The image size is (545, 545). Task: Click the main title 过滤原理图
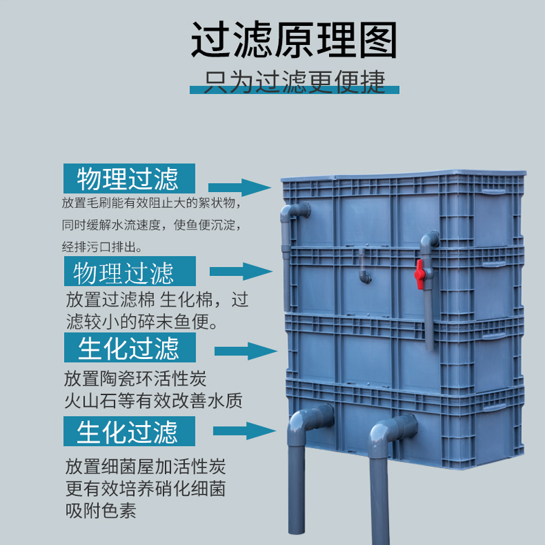click(x=293, y=40)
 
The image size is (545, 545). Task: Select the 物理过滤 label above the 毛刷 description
click(x=129, y=178)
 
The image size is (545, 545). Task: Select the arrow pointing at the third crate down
click(x=245, y=352)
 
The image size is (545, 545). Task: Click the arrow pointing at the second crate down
click(x=241, y=271)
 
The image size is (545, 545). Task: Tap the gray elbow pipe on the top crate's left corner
click(x=292, y=215)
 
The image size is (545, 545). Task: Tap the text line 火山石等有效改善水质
click(x=153, y=400)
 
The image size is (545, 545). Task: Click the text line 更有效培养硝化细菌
click(x=145, y=488)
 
